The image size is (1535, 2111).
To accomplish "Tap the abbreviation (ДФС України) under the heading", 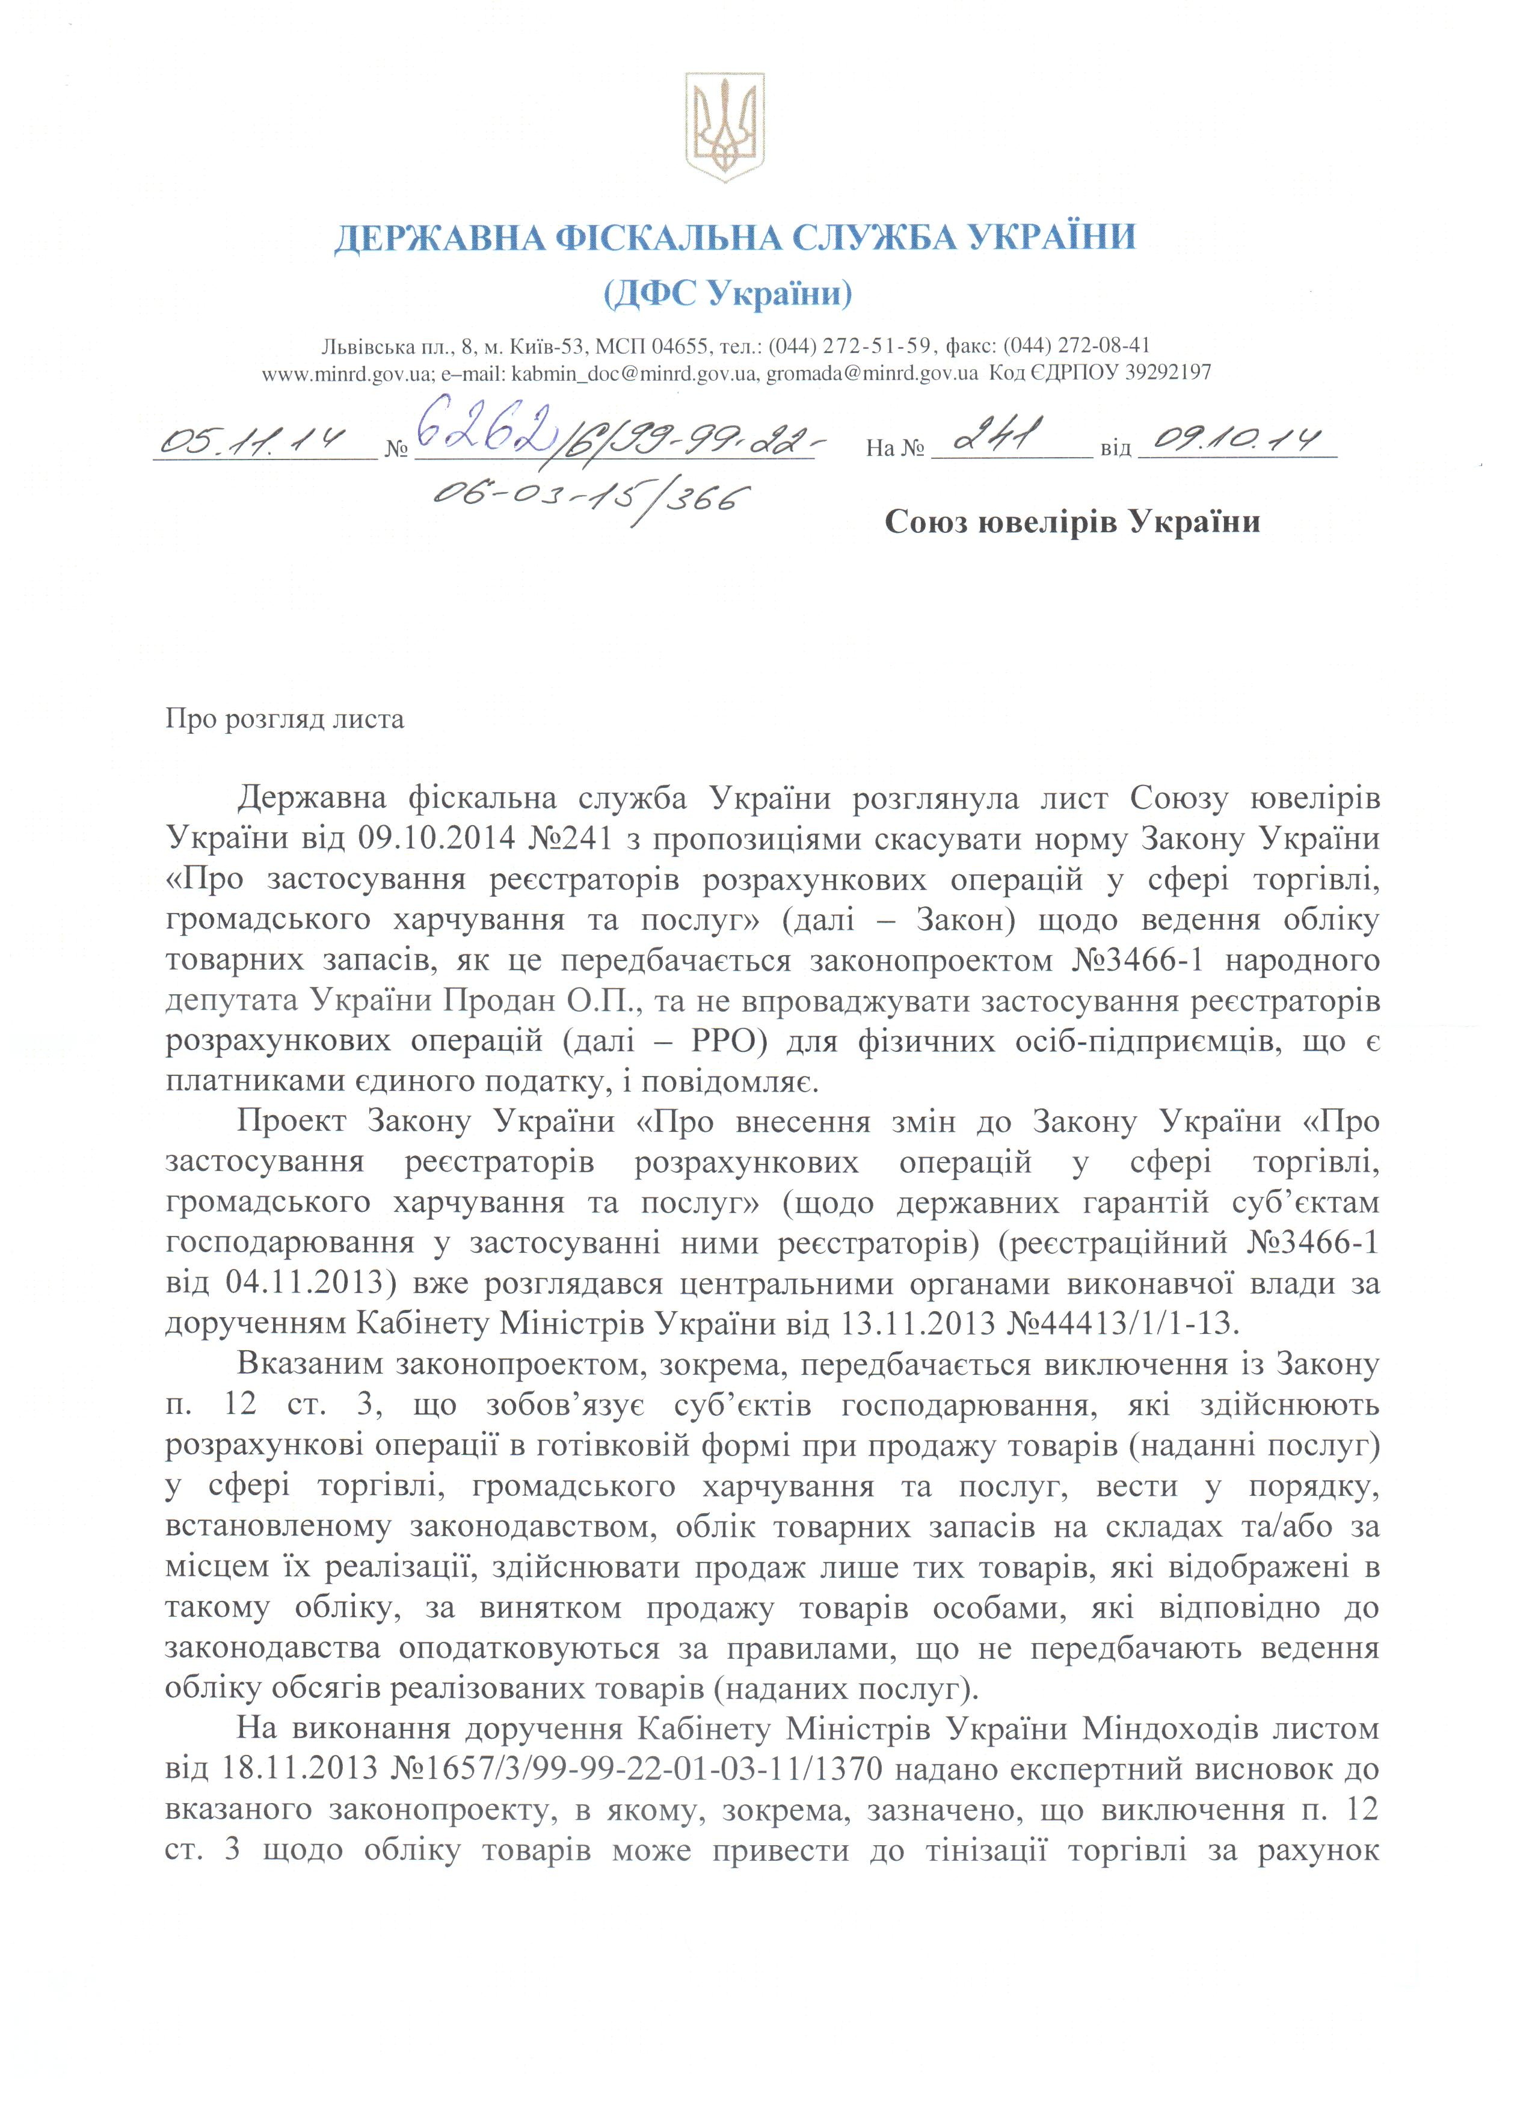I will [x=727, y=295].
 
